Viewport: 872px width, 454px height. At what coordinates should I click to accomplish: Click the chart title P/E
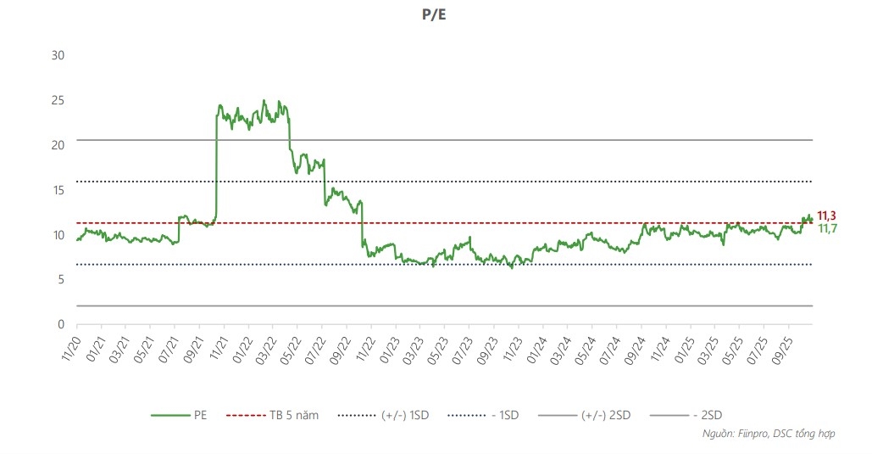[436, 14]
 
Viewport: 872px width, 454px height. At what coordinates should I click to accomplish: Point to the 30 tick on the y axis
[58, 55]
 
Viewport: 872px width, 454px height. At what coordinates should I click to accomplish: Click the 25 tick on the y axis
[58, 100]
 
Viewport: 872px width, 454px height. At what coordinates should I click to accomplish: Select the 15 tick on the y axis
[58, 190]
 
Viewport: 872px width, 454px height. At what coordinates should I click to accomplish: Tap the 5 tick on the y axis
[61, 279]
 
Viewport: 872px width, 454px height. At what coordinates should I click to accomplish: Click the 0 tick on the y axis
[61, 324]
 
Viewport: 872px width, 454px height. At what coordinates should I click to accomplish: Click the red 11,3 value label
[826, 216]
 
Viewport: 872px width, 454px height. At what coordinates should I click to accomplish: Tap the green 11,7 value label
[826, 229]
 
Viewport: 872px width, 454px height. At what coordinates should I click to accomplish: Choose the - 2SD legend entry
[707, 415]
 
